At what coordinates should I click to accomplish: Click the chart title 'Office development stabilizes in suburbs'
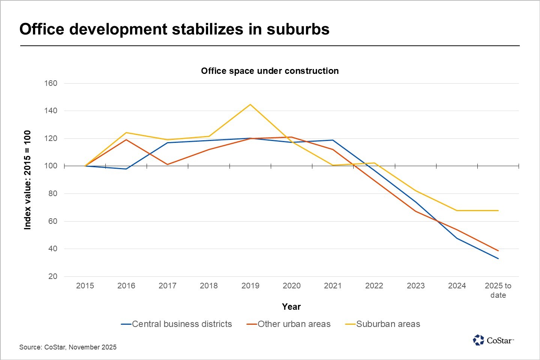pyautogui.click(x=174, y=29)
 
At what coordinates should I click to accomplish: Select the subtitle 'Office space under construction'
pyautogui.click(x=270, y=71)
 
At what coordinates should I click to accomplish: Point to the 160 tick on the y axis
pyautogui.click(x=51, y=83)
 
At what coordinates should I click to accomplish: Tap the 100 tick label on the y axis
pyautogui.click(x=51, y=166)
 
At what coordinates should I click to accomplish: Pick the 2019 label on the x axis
pyautogui.click(x=250, y=286)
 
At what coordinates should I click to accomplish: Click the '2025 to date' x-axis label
pyautogui.click(x=498, y=290)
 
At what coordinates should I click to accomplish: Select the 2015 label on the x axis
pyautogui.click(x=85, y=286)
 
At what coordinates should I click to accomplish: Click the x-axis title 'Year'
pyautogui.click(x=291, y=307)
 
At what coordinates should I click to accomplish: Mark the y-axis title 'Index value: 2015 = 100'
pyautogui.click(x=27, y=180)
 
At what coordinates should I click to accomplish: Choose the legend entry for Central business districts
pyautogui.click(x=177, y=324)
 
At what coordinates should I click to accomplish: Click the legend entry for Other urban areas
pyautogui.click(x=289, y=324)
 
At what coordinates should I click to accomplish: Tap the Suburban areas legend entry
pyautogui.click(x=383, y=324)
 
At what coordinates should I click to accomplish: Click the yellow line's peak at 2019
pyautogui.click(x=250, y=104)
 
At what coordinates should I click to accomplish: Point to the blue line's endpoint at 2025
pyautogui.click(x=498, y=258)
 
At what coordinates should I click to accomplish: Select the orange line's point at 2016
pyautogui.click(x=126, y=139)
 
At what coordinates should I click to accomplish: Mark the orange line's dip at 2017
pyautogui.click(x=168, y=164)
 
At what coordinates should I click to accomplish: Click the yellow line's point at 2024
pyautogui.click(x=457, y=210)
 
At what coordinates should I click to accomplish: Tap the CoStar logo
pyautogui.click(x=493, y=340)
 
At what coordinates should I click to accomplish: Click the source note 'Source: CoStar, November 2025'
pyautogui.click(x=68, y=347)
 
